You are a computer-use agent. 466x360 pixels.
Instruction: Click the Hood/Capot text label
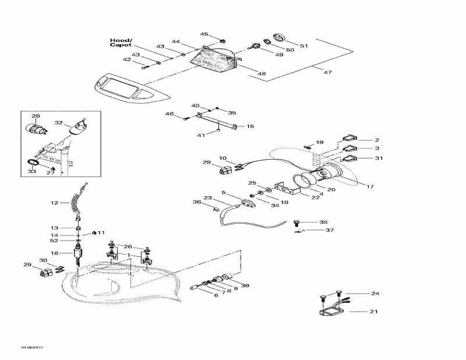point(121,43)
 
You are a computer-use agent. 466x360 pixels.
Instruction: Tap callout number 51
point(303,45)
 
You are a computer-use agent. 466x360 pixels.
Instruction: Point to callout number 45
point(204,34)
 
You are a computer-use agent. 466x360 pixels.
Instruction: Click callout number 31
point(379,158)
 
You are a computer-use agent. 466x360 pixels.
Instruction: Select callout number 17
point(369,186)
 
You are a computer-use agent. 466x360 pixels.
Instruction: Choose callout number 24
point(375,293)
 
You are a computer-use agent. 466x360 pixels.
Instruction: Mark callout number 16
point(54,253)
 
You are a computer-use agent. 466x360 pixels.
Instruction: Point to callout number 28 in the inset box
point(36,116)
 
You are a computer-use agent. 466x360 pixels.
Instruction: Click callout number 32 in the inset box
point(58,123)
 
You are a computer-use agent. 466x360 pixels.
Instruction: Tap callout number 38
point(323,222)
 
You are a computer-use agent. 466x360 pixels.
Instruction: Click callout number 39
point(245,285)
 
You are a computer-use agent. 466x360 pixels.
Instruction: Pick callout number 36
point(196,202)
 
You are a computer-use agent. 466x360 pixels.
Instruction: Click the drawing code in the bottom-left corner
point(33,347)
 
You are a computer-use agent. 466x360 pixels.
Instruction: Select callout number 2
point(377,140)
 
